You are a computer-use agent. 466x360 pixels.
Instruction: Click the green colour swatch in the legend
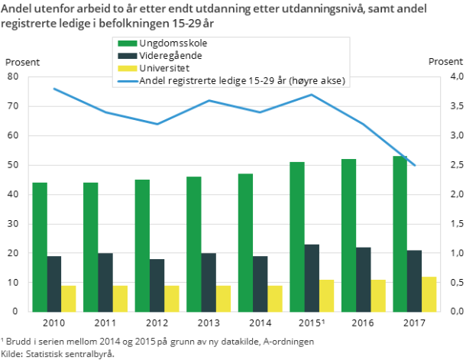[125, 43]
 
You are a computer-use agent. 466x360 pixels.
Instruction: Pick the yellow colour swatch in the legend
[125, 67]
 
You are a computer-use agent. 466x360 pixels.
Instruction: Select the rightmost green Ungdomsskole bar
[400, 234]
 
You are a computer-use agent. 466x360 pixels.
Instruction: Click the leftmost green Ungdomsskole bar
[40, 247]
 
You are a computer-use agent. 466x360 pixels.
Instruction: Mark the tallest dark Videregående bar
[312, 277]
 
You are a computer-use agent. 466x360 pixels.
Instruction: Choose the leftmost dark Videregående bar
[54, 284]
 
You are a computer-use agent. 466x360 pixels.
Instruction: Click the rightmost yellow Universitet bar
[429, 294]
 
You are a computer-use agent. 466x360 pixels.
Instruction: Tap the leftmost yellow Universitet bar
[69, 298]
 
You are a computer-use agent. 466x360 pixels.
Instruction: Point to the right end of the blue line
[415, 165]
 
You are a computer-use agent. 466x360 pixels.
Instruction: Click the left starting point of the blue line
[54, 89]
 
